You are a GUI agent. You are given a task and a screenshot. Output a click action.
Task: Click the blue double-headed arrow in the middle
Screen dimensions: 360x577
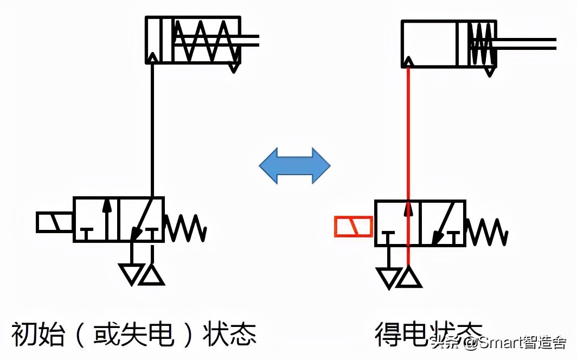click(294, 165)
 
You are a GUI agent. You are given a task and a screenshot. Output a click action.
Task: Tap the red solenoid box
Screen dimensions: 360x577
click(354, 227)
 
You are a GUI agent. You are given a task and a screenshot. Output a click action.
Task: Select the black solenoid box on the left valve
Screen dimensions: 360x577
click(55, 222)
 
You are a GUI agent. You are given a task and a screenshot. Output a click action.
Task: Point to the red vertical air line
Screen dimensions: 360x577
click(408, 136)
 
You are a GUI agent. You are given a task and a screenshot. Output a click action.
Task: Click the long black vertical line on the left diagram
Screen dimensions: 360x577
click(153, 130)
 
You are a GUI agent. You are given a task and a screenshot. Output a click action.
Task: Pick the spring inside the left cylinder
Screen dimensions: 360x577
click(206, 41)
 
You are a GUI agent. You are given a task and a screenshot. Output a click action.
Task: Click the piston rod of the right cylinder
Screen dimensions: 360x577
click(526, 44)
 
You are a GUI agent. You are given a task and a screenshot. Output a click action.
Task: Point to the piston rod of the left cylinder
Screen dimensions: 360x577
click(249, 40)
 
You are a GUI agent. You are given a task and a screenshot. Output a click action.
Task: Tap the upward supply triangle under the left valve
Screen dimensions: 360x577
click(152, 275)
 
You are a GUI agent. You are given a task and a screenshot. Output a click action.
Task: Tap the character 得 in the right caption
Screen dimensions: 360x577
click(388, 335)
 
